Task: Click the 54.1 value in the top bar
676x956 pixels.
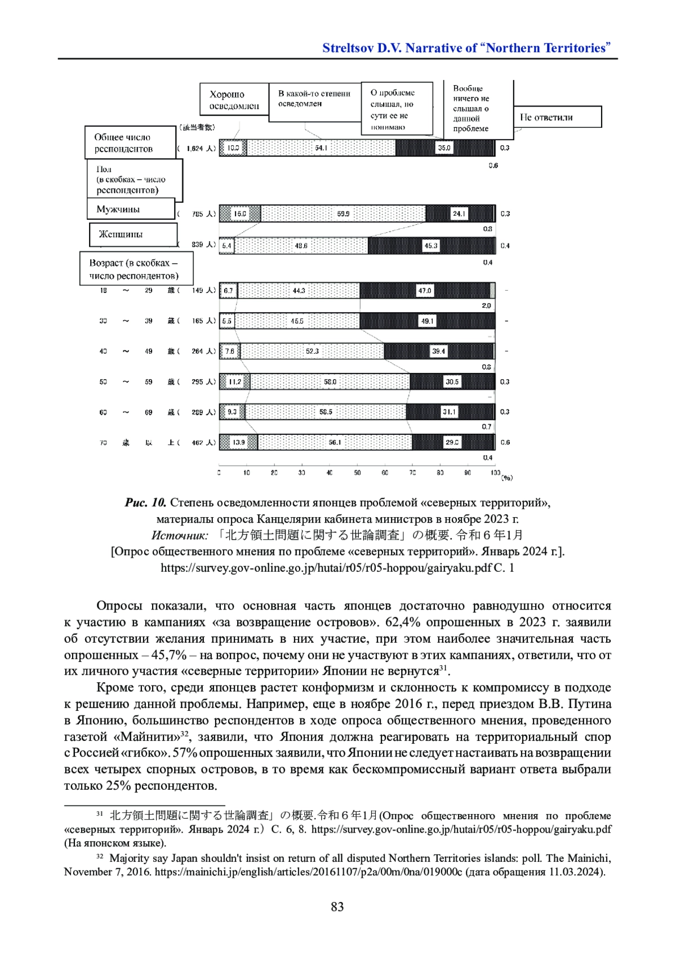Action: pos(321,148)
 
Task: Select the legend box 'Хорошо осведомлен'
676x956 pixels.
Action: pos(234,100)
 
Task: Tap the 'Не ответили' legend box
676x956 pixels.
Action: pos(557,117)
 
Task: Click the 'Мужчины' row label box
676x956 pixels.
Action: pos(131,209)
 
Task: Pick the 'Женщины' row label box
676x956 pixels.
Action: pos(133,234)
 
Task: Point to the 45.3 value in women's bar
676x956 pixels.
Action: pos(431,246)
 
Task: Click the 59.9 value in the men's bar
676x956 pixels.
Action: pos(343,214)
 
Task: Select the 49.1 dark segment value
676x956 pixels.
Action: pos(428,321)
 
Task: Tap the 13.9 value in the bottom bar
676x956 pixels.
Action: pos(239,443)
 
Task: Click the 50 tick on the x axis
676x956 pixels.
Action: pos(357,473)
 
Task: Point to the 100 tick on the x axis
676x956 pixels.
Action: pos(495,473)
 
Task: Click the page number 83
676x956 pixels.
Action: pos(337,907)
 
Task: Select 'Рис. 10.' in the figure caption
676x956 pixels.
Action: pos(145,503)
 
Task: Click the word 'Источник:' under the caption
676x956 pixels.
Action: pos(180,535)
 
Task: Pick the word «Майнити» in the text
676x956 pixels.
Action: pos(146,737)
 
